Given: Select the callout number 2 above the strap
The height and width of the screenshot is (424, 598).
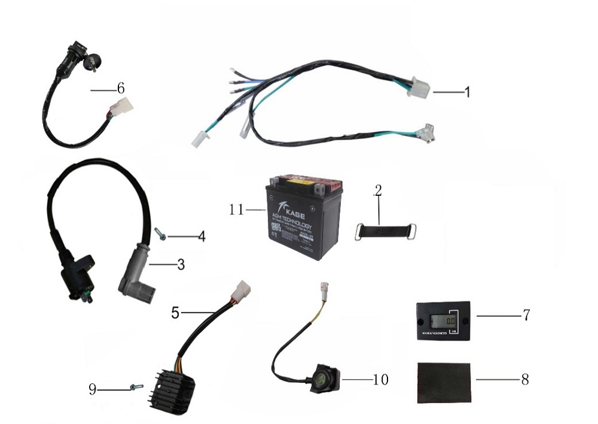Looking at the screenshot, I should [377, 190].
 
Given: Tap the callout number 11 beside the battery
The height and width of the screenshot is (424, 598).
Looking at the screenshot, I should [236, 210].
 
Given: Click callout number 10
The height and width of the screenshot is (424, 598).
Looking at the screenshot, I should [380, 380].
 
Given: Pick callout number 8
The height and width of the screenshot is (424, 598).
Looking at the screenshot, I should [525, 380].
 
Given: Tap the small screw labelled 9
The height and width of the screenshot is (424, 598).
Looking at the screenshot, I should [135, 388].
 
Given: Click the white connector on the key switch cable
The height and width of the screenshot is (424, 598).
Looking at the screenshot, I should [125, 108].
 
